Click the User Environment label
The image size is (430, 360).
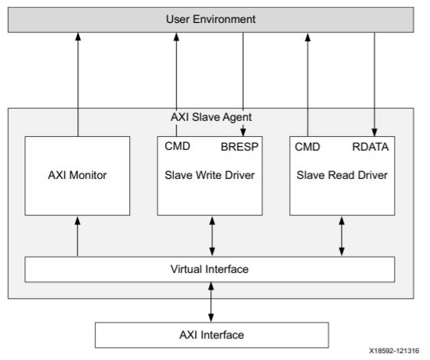click(x=210, y=18)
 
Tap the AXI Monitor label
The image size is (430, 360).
click(x=77, y=175)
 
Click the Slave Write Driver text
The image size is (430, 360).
click(x=210, y=175)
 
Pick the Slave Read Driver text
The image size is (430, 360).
click(x=342, y=175)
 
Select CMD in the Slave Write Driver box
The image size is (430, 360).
click(x=177, y=146)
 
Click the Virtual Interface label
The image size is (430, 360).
click(x=210, y=269)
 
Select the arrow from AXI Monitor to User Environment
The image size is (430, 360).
click(x=77, y=84)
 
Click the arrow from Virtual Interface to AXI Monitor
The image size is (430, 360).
click(x=77, y=235)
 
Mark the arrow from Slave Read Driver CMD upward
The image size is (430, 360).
click(x=309, y=84)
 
